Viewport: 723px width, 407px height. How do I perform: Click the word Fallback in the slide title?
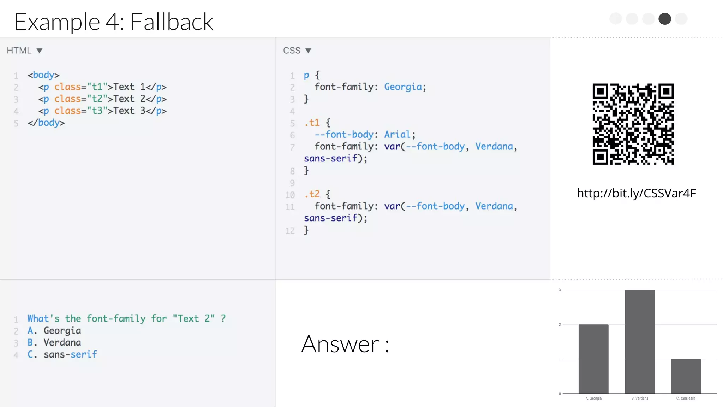click(172, 22)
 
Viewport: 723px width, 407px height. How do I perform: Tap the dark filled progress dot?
click(664, 19)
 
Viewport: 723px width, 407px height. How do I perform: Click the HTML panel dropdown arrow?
click(40, 51)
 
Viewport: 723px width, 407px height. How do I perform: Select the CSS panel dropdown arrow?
click(308, 51)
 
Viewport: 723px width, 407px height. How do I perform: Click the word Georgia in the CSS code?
click(403, 87)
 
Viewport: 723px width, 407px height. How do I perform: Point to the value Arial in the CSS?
click(397, 135)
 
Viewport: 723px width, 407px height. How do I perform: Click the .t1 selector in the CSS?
click(312, 123)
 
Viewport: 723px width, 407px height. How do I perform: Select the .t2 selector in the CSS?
click(312, 194)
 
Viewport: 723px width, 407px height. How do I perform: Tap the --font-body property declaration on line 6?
click(344, 135)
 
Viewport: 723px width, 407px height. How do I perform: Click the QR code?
click(633, 124)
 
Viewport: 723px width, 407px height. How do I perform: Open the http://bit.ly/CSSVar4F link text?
click(636, 193)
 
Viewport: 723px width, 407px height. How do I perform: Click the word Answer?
click(340, 344)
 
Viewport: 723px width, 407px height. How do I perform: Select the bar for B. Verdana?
click(640, 341)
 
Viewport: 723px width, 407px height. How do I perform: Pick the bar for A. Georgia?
click(593, 359)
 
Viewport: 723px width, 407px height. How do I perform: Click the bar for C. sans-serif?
click(686, 376)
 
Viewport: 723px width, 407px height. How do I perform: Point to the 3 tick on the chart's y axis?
click(560, 290)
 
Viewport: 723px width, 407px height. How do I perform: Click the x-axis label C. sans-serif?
click(686, 399)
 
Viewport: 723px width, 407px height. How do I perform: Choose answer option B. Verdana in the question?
click(54, 343)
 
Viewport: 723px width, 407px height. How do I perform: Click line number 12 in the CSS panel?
click(290, 231)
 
